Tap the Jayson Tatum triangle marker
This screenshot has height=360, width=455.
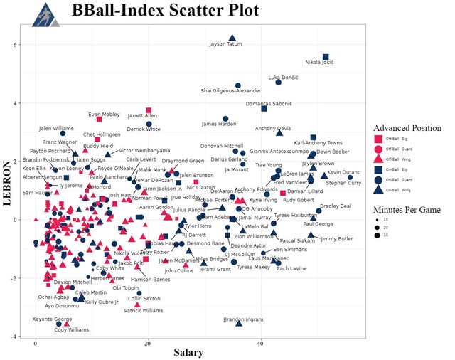tap(232, 38)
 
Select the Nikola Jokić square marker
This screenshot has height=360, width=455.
tap(326, 57)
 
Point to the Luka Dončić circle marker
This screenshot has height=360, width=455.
tap(279, 83)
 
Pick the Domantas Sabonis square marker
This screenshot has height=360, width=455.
tap(264, 108)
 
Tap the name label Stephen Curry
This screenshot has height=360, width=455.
tap(344, 183)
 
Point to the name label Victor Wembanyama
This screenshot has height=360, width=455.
tap(144, 151)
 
